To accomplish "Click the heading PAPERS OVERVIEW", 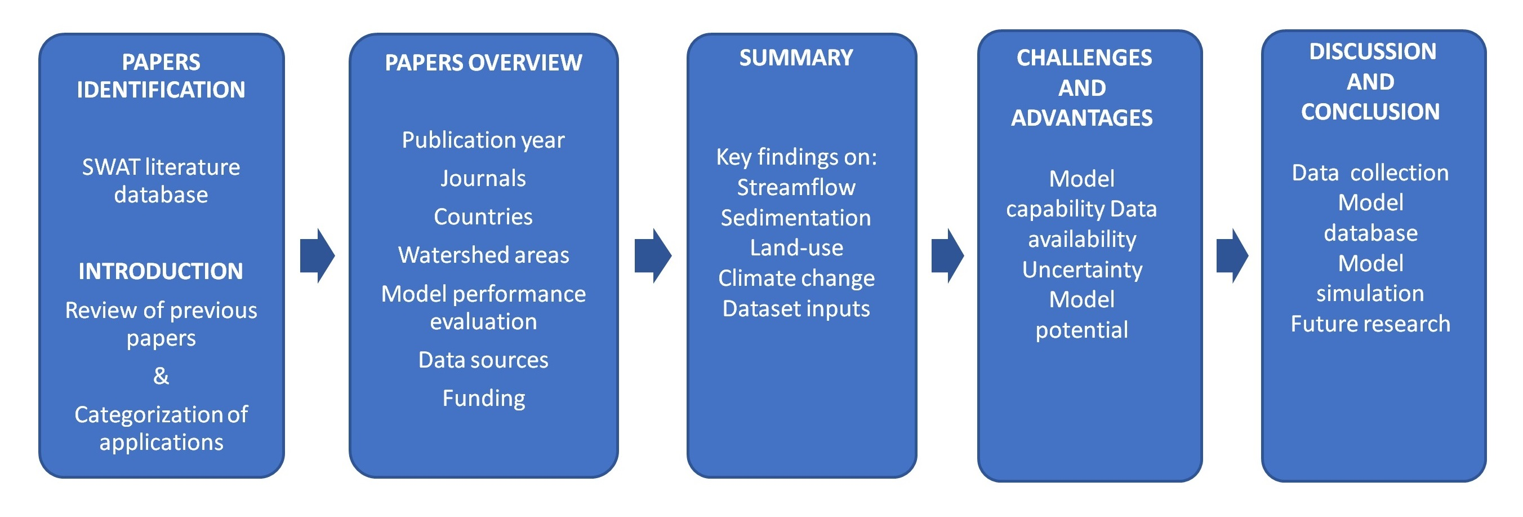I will click(x=483, y=63).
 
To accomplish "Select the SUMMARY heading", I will click(x=796, y=58).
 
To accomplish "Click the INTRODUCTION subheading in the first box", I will click(x=161, y=272).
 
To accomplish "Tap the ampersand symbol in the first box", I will click(x=161, y=376).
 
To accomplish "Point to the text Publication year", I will click(x=483, y=140).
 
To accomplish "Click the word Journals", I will click(x=483, y=179).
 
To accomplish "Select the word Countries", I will click(x=483, y=217).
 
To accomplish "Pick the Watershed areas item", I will click(x=483, y=255).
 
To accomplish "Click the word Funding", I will click(x=483, y=398).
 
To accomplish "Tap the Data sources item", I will click(x=483, y=360).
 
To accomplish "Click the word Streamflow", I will click(x=796, y=188).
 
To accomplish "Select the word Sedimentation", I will click(x=796, y=218).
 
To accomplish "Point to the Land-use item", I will click(x=796, y=248).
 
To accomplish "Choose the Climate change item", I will click(x=796, y=279).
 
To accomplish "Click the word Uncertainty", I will click(x=1082, y=269).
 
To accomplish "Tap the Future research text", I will click(x=1370, y=324).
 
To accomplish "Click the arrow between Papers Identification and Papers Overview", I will click(x=318, y=255).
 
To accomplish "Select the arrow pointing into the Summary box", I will click(x=653, y=255).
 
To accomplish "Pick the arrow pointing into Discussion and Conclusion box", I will click(x=1232, y=255).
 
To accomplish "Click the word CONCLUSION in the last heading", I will click(x=1370, y=112).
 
